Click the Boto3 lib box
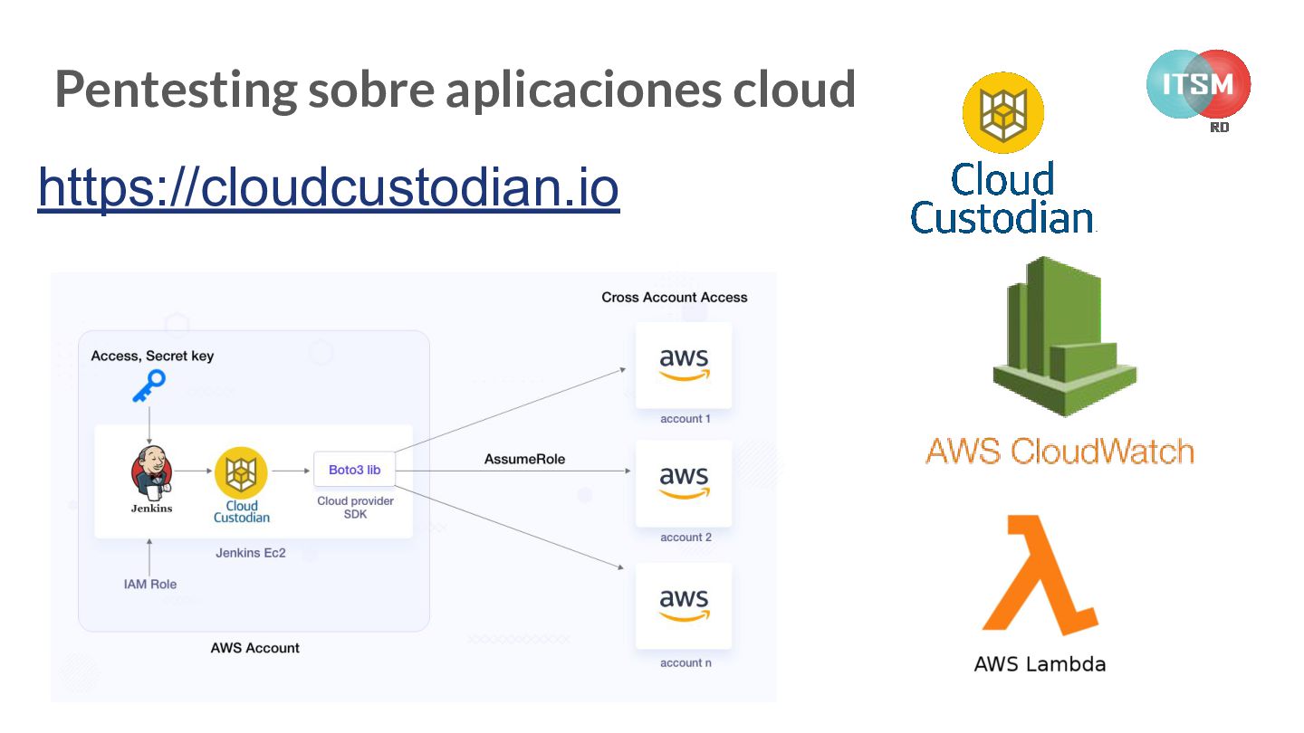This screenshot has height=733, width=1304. point(354,470)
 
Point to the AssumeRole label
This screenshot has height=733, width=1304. point(524,459)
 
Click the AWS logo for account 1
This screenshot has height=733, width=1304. point(684,364)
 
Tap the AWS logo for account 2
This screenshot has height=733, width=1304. point(684,481)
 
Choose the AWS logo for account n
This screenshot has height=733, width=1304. point(684,604)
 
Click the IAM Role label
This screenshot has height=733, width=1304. point(150,584)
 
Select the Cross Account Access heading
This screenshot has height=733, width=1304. point(675,297)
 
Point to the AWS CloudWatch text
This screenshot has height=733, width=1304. point(1059,450)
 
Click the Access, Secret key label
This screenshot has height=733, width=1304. point(152,356)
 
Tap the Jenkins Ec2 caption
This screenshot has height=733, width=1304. point(251,552)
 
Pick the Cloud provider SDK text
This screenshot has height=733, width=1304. point(355,507)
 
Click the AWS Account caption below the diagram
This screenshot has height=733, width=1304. point(254,647)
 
